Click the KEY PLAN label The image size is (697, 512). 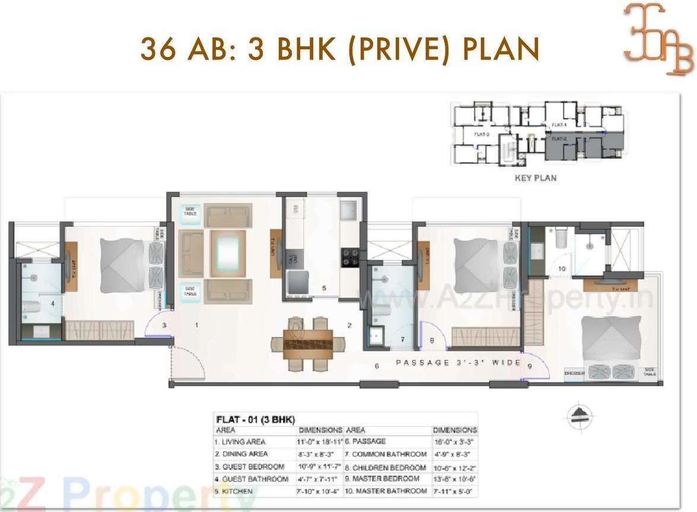(535, 178)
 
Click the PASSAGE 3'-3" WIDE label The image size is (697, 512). (458, 362)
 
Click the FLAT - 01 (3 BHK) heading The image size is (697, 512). (256, 419)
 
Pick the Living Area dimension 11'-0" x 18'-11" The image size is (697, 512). (320, 442)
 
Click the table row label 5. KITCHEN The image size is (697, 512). (234, 492)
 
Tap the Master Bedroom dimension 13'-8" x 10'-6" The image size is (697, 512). (454, 479)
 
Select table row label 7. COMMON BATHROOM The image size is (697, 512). (386, 454)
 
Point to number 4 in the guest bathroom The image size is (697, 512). (53, 303)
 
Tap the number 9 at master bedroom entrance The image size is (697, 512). (529, 366)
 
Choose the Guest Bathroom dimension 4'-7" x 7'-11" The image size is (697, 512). (319, 479)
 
